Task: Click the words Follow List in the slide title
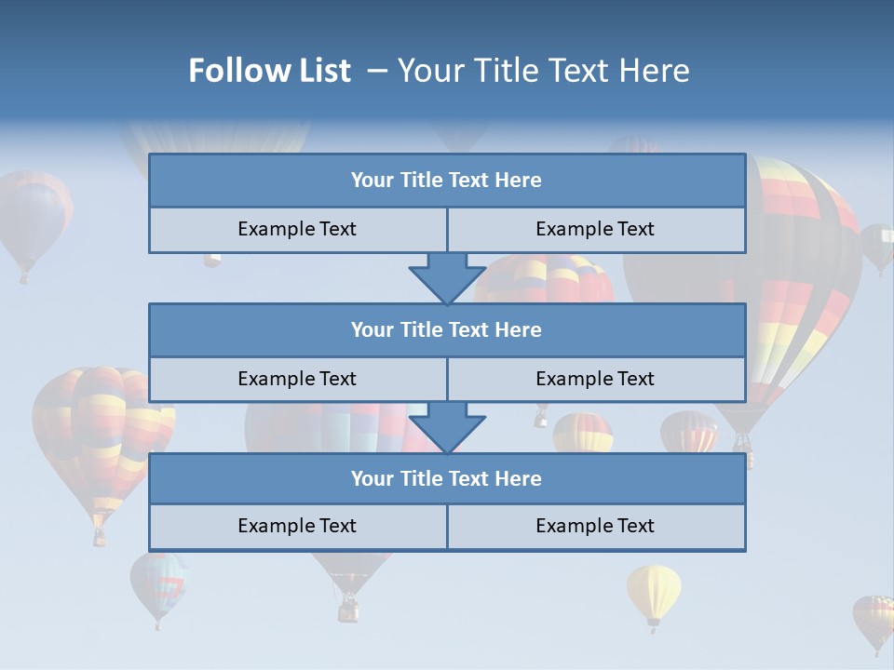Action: point(270,71)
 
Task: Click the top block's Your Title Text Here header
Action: point(446,181)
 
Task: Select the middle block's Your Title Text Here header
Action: point(446,329)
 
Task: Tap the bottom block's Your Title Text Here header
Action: point(446,478)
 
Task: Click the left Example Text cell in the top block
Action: point(297,229)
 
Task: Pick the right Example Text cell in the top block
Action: point(595,229)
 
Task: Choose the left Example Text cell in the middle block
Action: point(297,379)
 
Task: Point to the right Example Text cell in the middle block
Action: point(595,379)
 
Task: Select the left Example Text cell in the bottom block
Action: point(297,526)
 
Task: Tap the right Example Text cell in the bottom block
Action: point(595,526)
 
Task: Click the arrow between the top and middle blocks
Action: point(447,276)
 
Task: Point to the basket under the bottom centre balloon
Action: point(348,610)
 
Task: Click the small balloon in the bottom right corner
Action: point(874,620)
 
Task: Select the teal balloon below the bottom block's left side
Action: point(158,583)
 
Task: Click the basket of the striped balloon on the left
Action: point(99,538)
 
